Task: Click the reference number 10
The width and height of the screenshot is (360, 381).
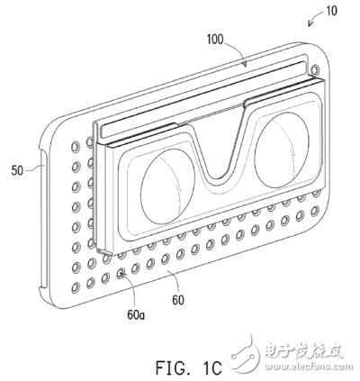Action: pyautogui.click(x=331, y=11)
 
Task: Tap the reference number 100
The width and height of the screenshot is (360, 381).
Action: pyautogui.click(x=215, y=40)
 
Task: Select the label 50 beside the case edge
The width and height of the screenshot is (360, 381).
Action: pyautogui.click(x=17, y=170)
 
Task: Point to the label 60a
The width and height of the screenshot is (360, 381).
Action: pyautogui.click(x=136, y=315)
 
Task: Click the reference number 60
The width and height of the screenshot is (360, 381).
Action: pyautogui.click(x=178, y=300)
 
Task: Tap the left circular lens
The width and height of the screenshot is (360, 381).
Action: pyautogui.click(x=167, y=186)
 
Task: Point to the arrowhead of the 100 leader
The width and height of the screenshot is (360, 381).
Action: pyautogui.click(x=246, y=64)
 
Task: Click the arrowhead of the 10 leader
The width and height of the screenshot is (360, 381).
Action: pyautogui.click(x=310, y=23)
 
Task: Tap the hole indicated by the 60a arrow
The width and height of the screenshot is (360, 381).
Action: pyautogui.click(x=121, y=273)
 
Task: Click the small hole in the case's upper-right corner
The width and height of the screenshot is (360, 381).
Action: pyautogui.click(x=315, y=69)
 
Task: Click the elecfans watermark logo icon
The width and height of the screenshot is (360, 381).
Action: pyautogui.click(x=245, y=351)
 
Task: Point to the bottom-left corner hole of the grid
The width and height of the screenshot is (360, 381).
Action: pyautogui.click(x=76, y=287)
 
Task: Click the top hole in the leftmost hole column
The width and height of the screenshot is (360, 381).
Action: pyautogui.click(x=76, y=147)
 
